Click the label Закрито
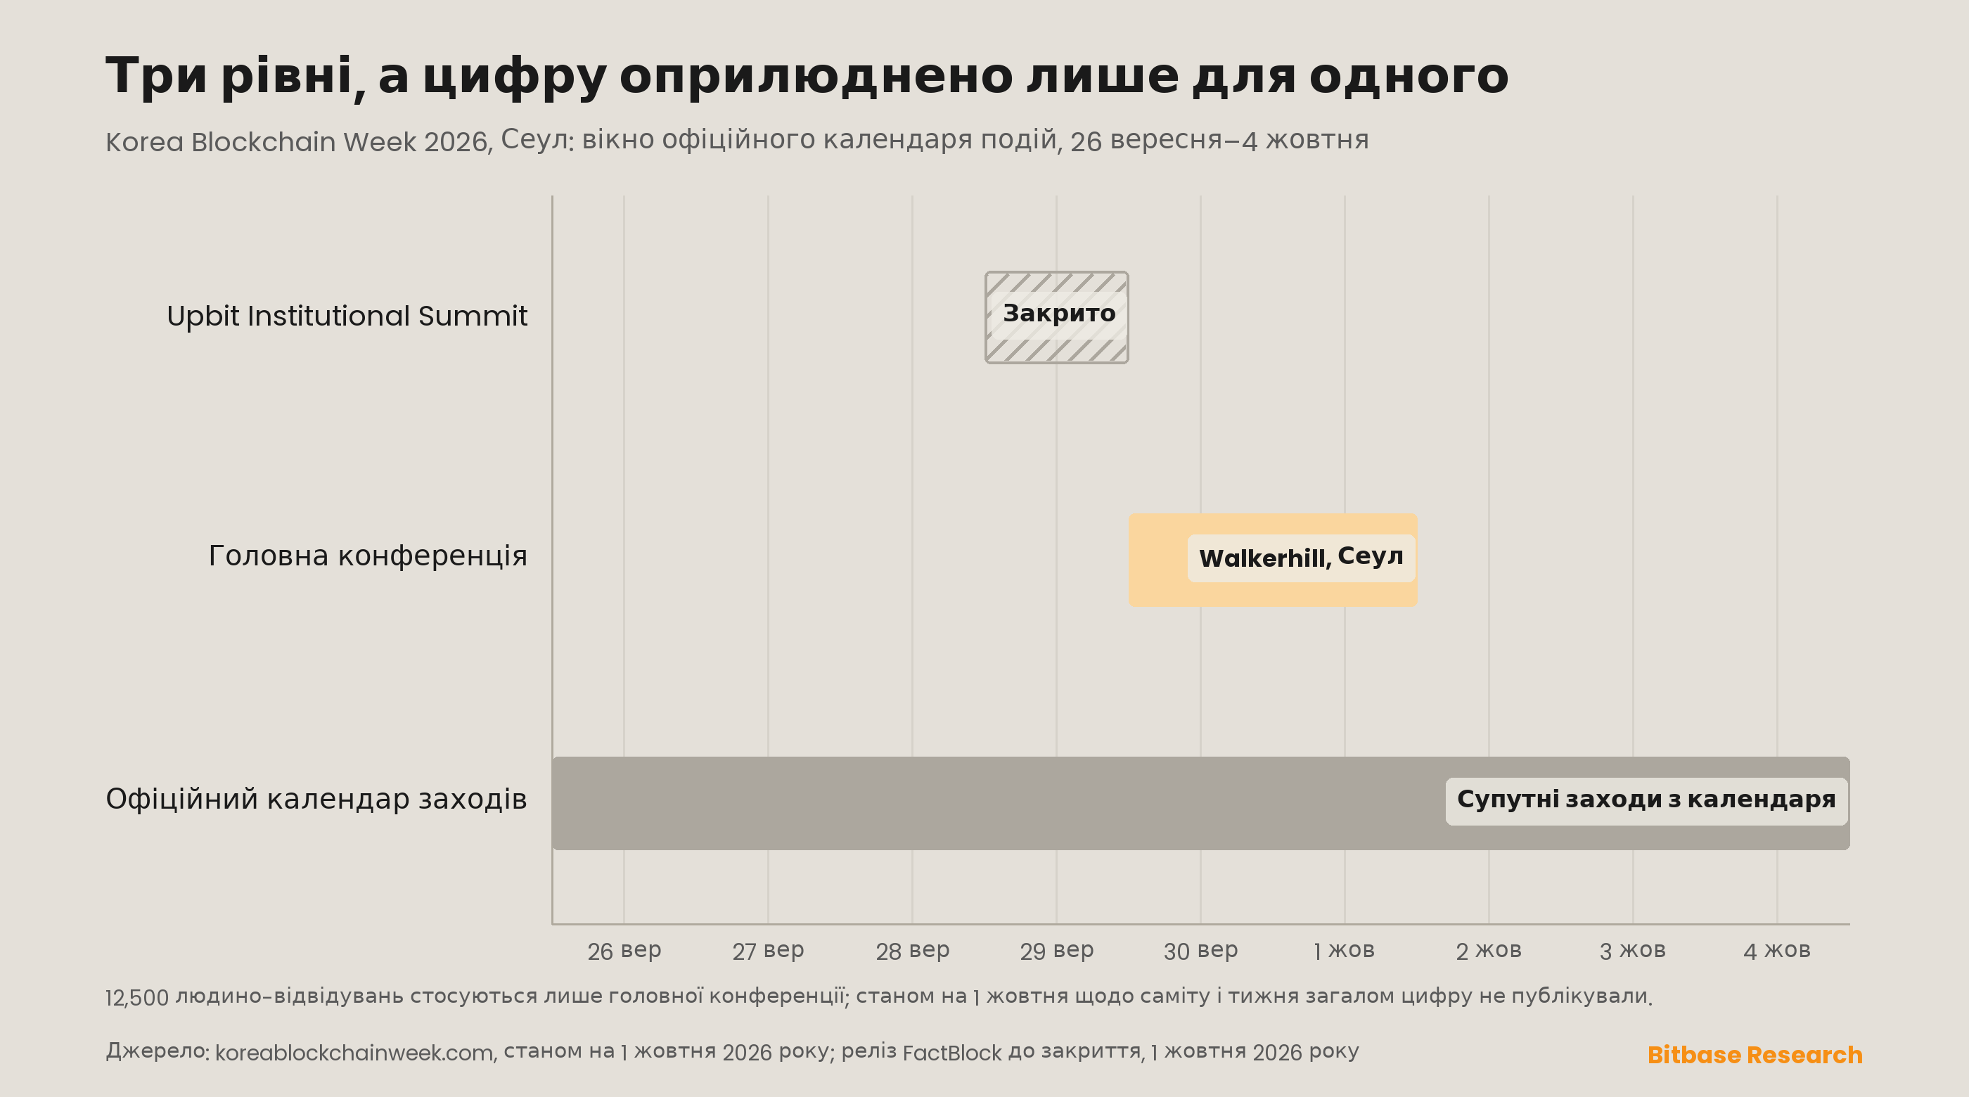(1058, 314)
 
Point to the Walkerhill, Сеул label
(1301, 558)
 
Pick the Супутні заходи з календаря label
(1646, 800)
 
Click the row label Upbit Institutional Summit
(347, 316)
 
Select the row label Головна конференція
(368, 556)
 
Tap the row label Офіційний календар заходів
(316, 799)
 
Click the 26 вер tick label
(624, 951)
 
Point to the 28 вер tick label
(913, 951)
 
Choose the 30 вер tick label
(1201, 951)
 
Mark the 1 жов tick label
(1345, 951)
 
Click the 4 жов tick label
(1777, 951)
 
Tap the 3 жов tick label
(1633, 951)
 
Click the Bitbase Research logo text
(1755, 1055)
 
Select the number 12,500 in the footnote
(137, 999)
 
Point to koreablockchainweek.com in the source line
(355, 1053)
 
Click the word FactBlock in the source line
(951, 1053)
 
